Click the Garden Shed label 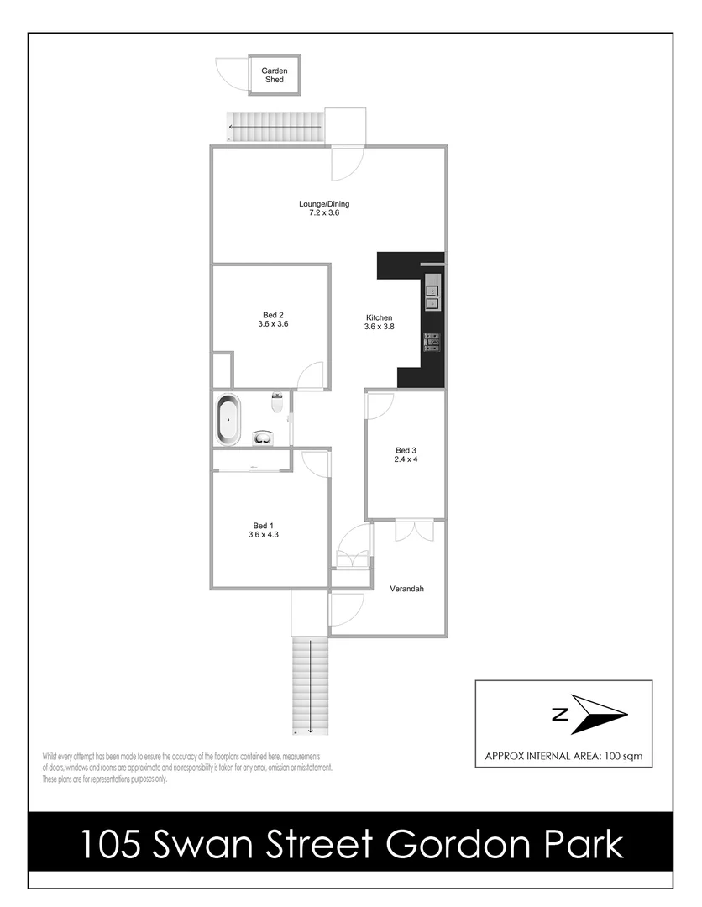pyautogui.click(x=274, y=76)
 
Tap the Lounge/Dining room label pyautogui.click(x=324, y=203)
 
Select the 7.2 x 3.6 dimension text pyautogui.click(x=324, y=213)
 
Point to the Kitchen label pyautogui.click(x=379, y=317)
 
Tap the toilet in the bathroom pyautogui.click(x=277, y=403)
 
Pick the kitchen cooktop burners pyautogui.click(x=432, y=341)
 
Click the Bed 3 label pyautogui.click(x=406, y=450)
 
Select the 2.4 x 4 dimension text pyautogui.click(x=406, y=459)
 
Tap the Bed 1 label pyautogui.click(x=263, y=525)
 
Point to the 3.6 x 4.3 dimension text pyautogui.click(x=263, y=534)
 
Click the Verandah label pyautogui.click(x=406, y=589)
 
